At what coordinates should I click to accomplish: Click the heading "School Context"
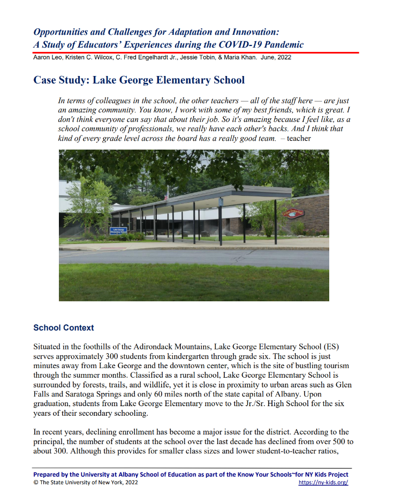click(x=63, y=328)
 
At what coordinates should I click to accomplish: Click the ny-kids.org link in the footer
click(x=323, y=483)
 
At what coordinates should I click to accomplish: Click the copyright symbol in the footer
click(x=35, y=483)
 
